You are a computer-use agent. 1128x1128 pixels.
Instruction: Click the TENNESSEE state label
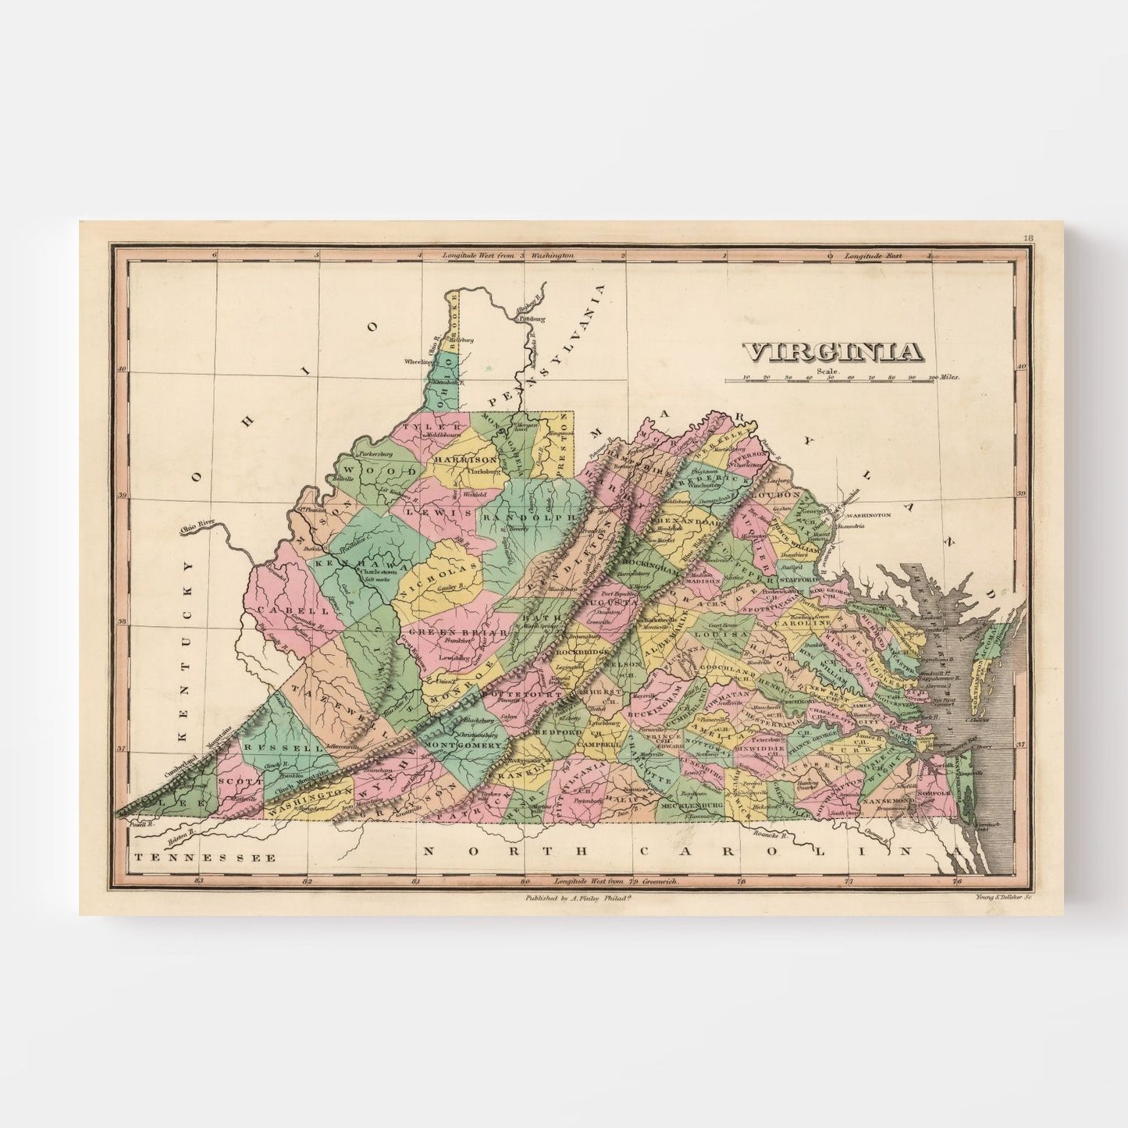coord(205,857)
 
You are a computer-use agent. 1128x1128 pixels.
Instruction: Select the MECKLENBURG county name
coord(689,804)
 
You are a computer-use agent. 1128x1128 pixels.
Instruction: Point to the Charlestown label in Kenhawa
coord(379,571)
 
